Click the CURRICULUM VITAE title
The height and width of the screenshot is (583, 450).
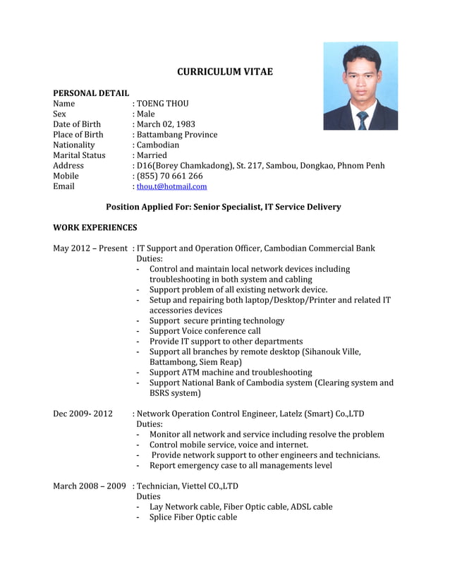[224, 72]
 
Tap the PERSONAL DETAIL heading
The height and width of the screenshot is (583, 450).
[91, 93]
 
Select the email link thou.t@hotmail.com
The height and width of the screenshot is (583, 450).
[171, 187]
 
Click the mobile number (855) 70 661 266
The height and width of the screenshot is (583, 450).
[169, 176]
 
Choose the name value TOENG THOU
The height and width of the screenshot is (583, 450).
[162, 104]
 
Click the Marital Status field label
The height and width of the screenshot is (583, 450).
[79, 155]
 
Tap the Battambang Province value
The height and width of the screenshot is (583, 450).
[177, 135]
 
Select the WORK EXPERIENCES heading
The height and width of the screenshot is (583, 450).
[95, 228]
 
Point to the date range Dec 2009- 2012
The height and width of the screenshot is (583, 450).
[83, 414]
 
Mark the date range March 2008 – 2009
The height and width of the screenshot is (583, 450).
[90, 486]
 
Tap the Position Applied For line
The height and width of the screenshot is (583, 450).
[223, 207]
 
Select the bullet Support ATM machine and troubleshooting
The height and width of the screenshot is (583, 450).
[231, 372]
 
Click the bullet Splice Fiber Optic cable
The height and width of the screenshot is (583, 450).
[193, 517]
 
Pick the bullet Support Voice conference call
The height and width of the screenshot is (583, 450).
[205, 331]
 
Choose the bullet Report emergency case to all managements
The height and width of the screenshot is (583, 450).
[241, 465]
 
